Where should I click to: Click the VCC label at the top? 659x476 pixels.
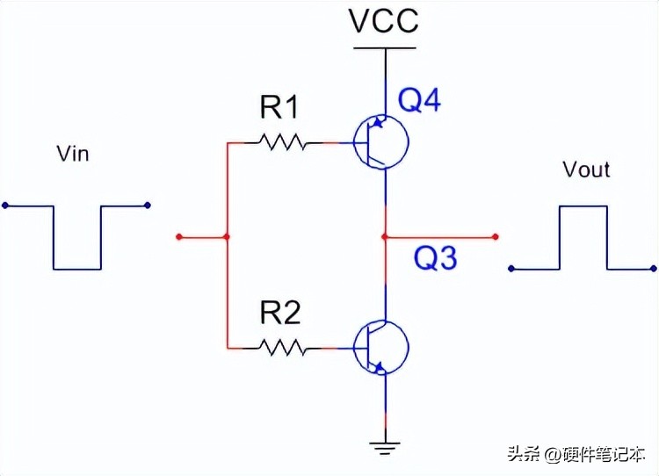(x=384, y=21)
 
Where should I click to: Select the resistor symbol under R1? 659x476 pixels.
(x=282, y=141)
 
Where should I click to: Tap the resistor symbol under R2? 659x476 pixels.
(x=282, y=348)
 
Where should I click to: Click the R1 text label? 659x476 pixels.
(x=279, y=109)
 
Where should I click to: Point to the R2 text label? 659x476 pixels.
(x=279, y=314)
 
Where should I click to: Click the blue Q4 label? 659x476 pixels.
(x=419, y=101)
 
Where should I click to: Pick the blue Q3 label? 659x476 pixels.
(x=436, y=257)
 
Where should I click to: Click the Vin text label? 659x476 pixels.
(x=72, y=154)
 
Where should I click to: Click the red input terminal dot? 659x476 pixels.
(x=178, y=236)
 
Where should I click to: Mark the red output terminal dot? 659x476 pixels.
(x=496, y=236)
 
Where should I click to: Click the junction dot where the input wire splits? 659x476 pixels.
(x=228, y=236)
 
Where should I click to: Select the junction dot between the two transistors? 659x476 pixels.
(x=385, y=236)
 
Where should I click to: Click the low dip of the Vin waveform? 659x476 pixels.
(x=77, y=268)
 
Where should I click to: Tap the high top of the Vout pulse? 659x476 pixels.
(x=583, y=206)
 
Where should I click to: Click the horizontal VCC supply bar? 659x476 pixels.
(x=384, y=47)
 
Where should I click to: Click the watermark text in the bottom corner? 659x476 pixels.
(x=575, y=454)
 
